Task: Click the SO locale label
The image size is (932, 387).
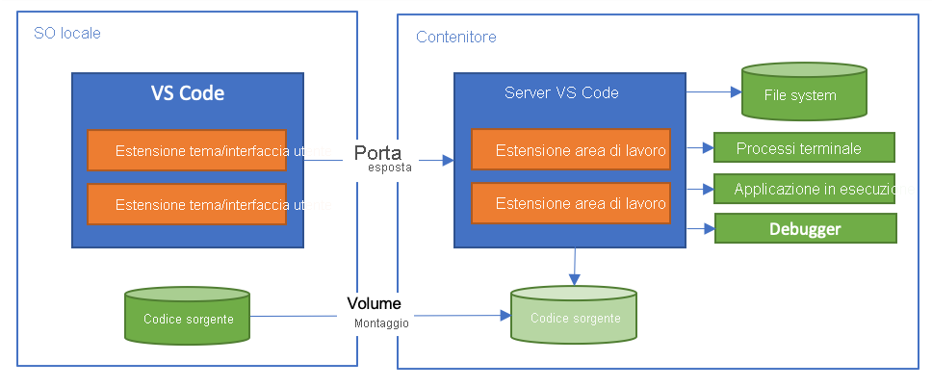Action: [66, 34]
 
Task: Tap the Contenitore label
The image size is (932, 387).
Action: [456, 38]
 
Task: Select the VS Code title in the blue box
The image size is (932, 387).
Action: [188, 93]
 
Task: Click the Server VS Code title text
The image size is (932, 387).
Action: [561, 93]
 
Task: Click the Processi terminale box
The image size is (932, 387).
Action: [804, 148]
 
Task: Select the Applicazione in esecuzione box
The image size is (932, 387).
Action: [804, 189]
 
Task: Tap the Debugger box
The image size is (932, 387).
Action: [804, 229]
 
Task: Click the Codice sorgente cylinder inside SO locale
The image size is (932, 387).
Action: [188, 317]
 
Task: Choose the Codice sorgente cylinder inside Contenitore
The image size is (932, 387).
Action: [573, 318]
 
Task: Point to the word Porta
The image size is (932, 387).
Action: [377, 152]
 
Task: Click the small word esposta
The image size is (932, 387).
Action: [389, 168]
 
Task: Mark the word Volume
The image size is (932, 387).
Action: [374, 303]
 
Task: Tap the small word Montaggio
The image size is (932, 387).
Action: [381, 323]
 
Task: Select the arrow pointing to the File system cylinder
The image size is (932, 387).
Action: [712, 92]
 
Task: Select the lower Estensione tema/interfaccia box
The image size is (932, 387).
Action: [187, 204]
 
